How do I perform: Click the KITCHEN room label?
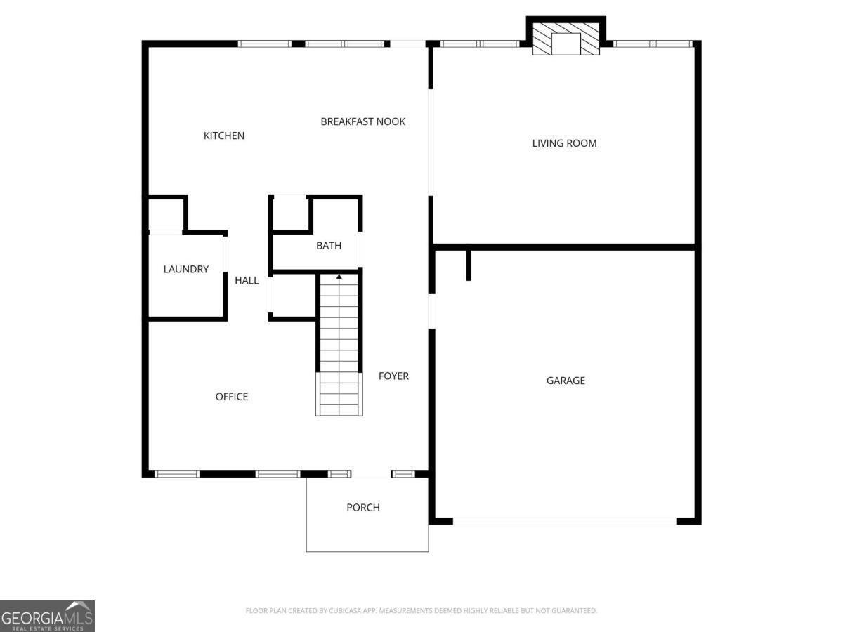pyautogui.click(x=224, y=136)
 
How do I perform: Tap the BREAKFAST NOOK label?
pyautogui.click(x=362, y=121)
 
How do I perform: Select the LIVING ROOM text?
pyautogui.click(x=564, y=143)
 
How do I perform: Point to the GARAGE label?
pyautogui.click(x=566, y=381)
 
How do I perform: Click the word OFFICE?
pyautogui.click(x=231, y=397)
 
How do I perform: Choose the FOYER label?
pyautogui.click(x=393, y=376)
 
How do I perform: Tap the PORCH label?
pyautogui.click(x=363, y=508)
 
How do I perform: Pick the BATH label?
pyautogui.click(x=329, y=246)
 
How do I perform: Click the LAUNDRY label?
pyautogui.click(x=186, y=269)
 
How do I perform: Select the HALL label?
pyautogui.click(x=247, y=281)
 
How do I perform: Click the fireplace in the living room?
pyautogui.click(x=566, y=41)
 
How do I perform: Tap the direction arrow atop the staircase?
pyautogui.click(x=339, y=277)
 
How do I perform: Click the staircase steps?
pyautogui.click(x=339, y=344)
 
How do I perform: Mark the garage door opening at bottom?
pyautogui.click(x=565, y=521)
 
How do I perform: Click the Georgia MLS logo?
pyautogui.click(x=47, y=616)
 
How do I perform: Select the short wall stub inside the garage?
pyautogui.click(x=469, y=265)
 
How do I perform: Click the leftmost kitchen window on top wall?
pyautogui.click(x=264, y=44)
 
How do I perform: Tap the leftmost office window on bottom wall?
pyautogui.click(x=177, y=474)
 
